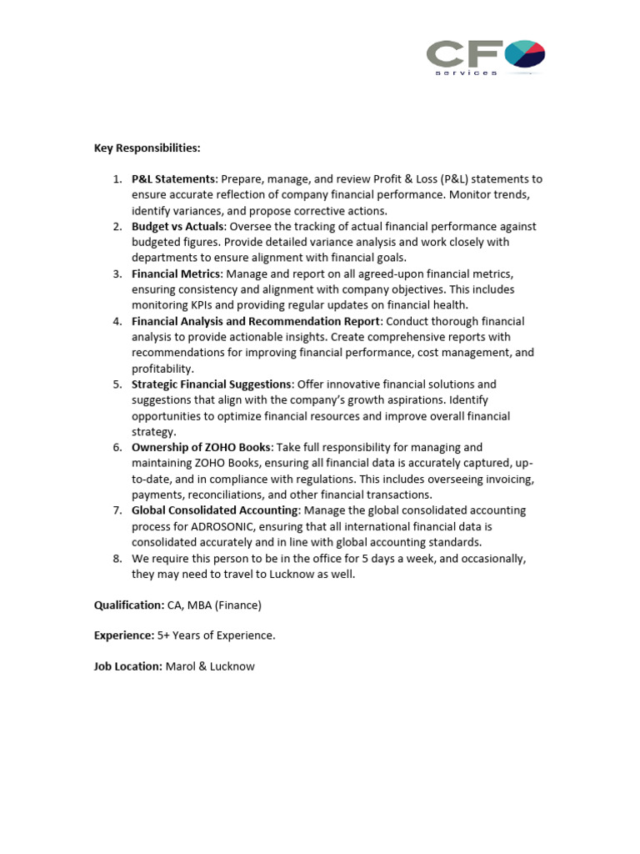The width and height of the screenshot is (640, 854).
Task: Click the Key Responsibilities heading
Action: (147, 148)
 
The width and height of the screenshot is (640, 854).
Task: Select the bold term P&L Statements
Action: (173, 179)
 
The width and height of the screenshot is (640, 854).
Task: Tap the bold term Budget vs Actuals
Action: (177, 227)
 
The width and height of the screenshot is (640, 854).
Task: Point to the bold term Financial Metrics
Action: (176, 274)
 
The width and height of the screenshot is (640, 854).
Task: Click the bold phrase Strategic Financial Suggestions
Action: (212, 384)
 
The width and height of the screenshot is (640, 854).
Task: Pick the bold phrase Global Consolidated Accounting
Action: (214, 510)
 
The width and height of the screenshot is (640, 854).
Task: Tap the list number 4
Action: (117, 322)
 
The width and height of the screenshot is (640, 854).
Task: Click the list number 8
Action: (117, 559)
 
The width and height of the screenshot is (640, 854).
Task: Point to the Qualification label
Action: (129, 605)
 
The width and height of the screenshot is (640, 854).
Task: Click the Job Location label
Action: (127, 666)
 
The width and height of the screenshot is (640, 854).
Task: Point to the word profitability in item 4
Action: (162, 369)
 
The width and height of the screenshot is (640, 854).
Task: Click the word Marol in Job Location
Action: (181, 666)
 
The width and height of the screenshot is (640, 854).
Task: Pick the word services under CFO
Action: (466, 73)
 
